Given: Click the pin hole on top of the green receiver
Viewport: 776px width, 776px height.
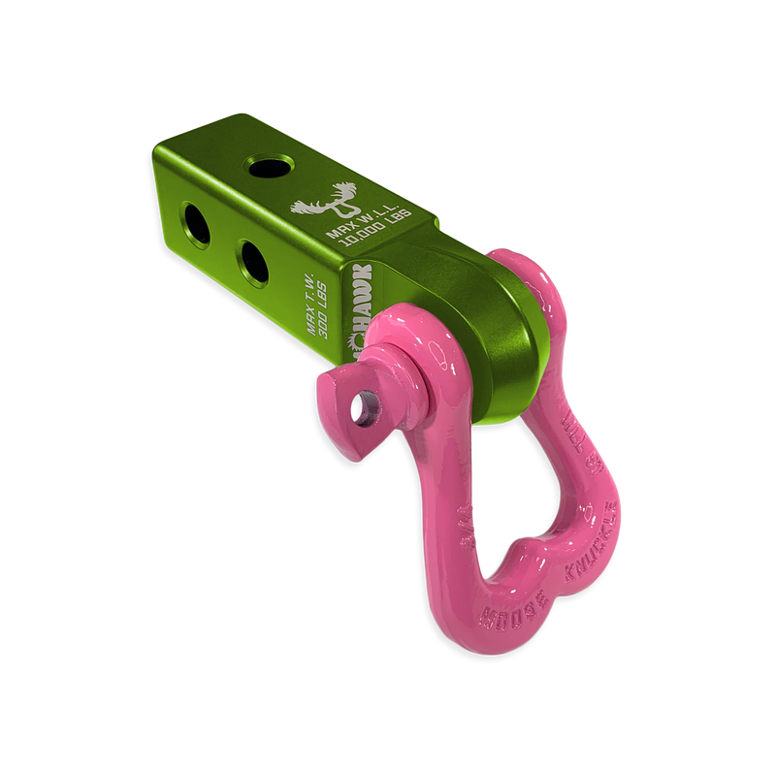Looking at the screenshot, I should (288, 166).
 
